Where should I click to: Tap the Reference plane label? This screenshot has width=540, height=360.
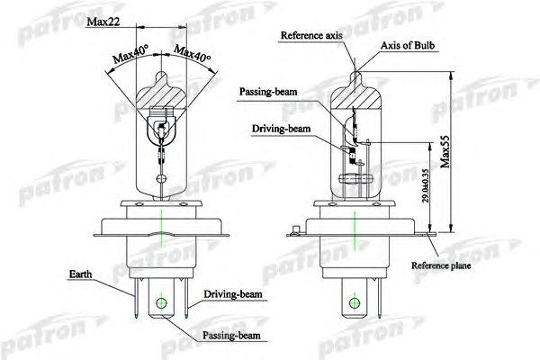point(442,267)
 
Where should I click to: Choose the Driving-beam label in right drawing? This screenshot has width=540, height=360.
point(282,130)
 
